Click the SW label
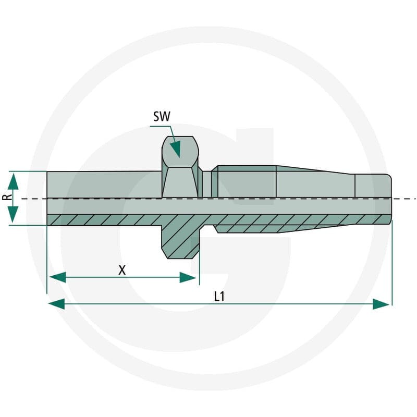(162, 116)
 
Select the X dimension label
(122, 270)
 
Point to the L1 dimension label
(219, 297)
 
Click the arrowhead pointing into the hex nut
(176, 149)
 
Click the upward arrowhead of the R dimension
(13, 180)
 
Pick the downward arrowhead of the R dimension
(13, 214)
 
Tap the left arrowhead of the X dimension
(58, 277)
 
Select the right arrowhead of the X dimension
(188, 277)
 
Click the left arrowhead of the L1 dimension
(57, 304)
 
